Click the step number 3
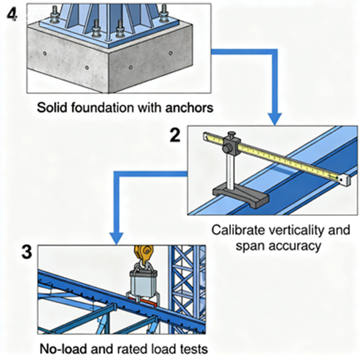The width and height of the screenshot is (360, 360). (x=26, y=253)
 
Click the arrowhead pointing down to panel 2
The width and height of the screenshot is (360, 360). (x=275, y=117)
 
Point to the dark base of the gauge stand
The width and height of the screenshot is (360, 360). (x=236, y=194)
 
